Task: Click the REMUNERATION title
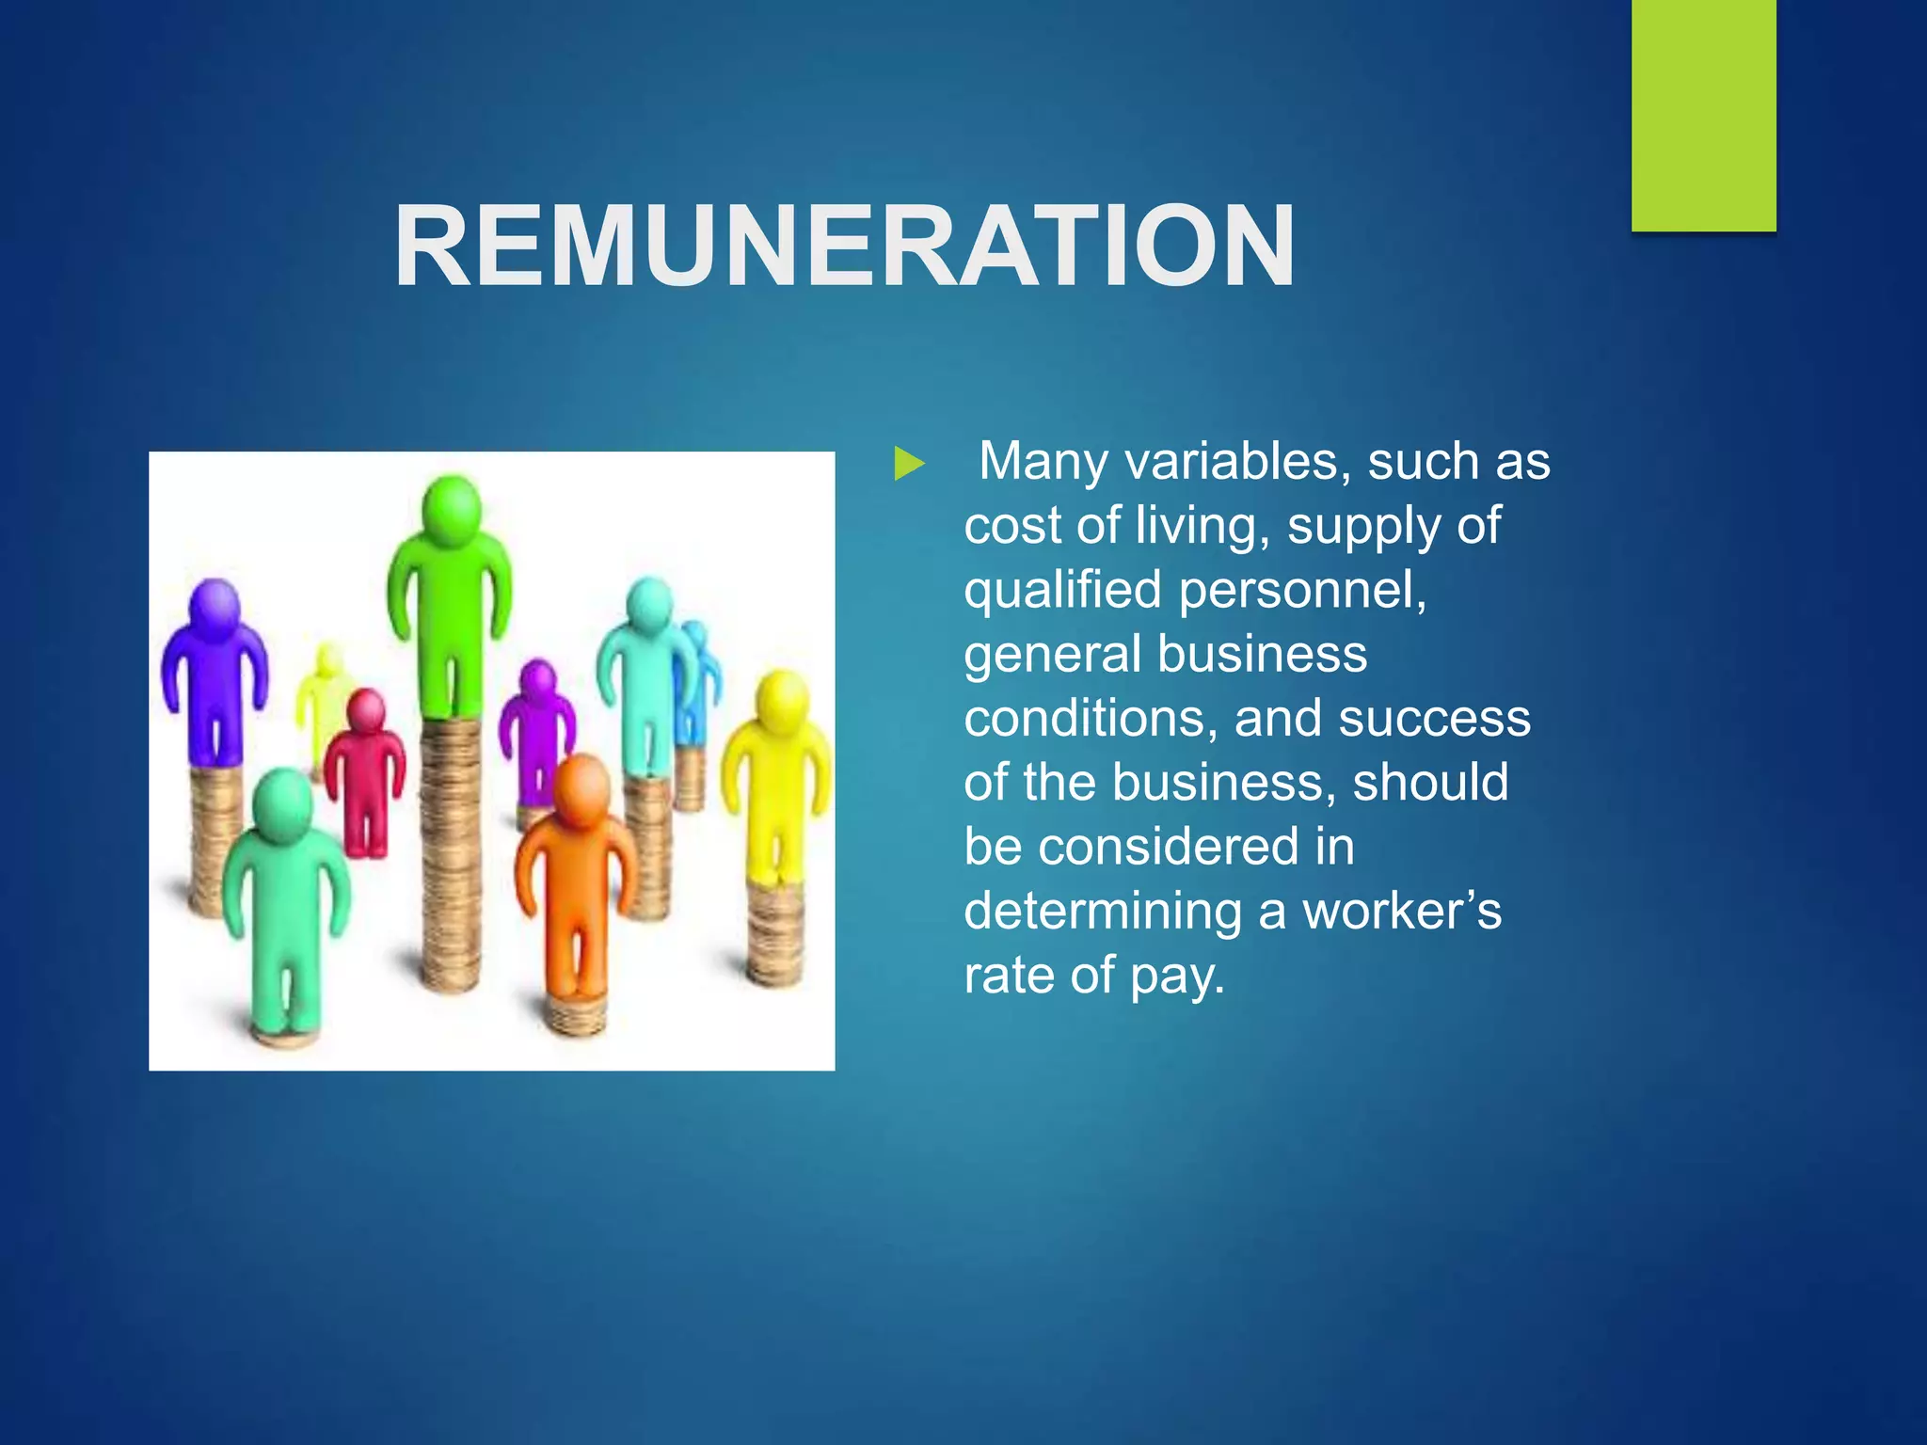pyautogui.click(x=844, y=246)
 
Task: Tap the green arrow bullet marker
pyautogui.click(x=909, y=464)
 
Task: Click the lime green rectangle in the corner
pyautogui.click(x=1703, y=115)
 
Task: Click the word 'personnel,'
pyautogui.click(x=1303, y=591)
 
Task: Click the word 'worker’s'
pyautogui.click(x=1402, y=912)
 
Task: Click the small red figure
pyautogui.click(x=365, y=771)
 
